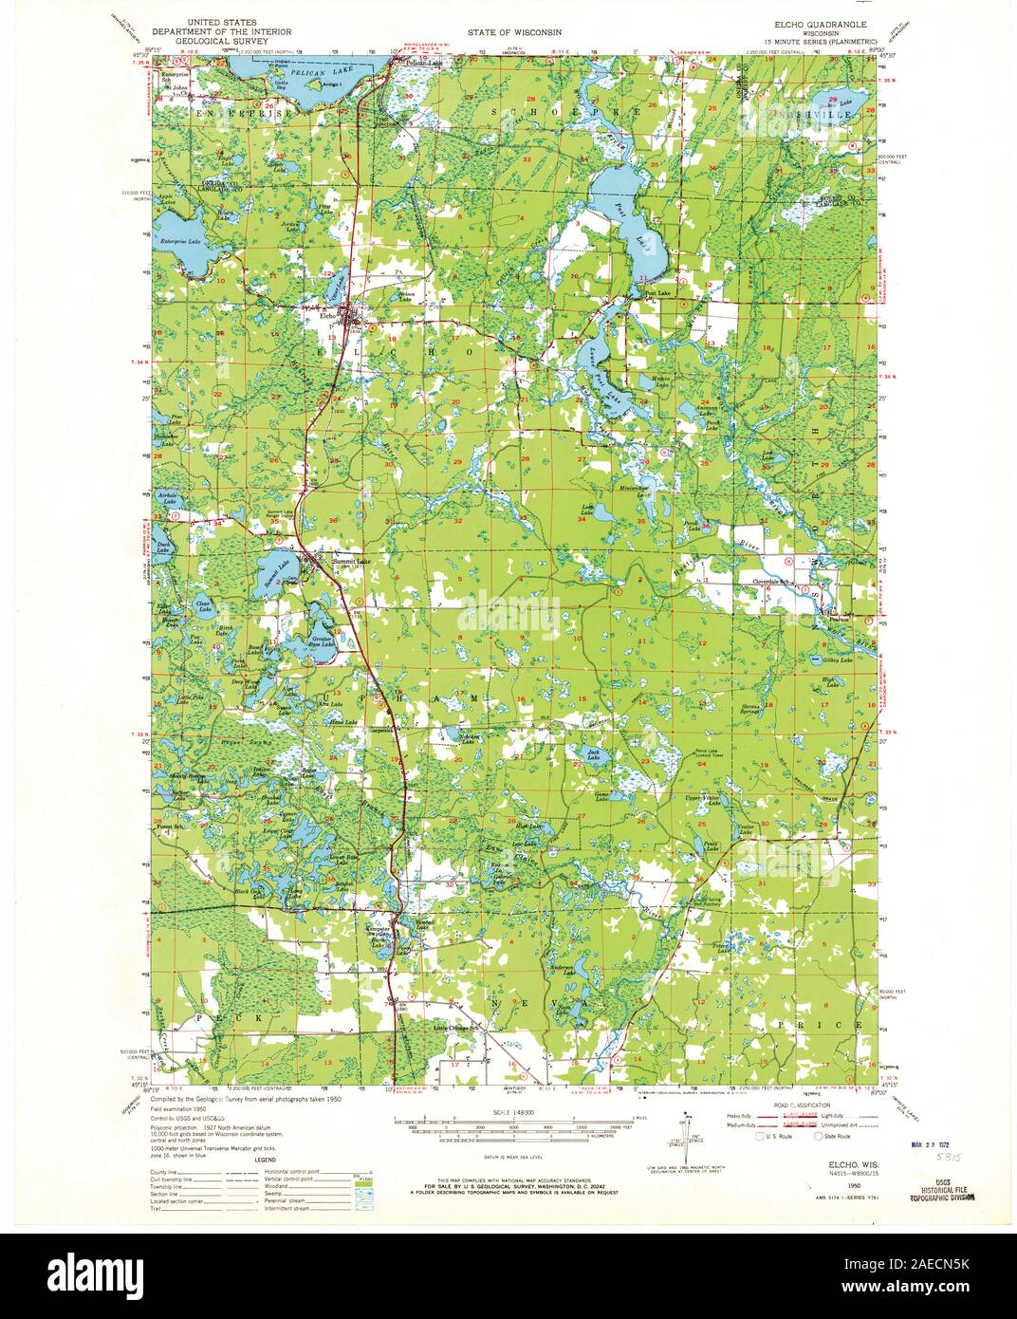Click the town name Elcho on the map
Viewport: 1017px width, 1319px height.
(x=329, y=316)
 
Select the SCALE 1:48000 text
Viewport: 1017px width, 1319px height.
(x=508, y=1111)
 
